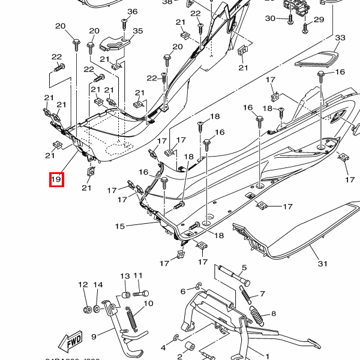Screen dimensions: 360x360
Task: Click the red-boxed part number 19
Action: (56, 179)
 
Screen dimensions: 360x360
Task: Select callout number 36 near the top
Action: (133, 11)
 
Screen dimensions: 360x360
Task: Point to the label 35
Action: (138, 31)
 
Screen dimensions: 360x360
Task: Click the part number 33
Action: (340, 38)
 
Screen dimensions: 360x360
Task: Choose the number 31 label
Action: (323, 264)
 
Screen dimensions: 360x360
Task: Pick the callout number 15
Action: (120, 226)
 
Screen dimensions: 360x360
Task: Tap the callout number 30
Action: (270, 19)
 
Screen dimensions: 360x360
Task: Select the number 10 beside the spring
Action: (148, 304)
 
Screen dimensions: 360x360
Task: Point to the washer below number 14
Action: (97, 310)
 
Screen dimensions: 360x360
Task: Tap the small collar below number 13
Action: (125, 295)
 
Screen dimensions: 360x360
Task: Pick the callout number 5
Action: (244, 268)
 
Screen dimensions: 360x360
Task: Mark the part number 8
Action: (274, 313)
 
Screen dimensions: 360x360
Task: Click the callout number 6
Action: (184, 292)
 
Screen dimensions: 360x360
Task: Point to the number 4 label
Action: (163, 347)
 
